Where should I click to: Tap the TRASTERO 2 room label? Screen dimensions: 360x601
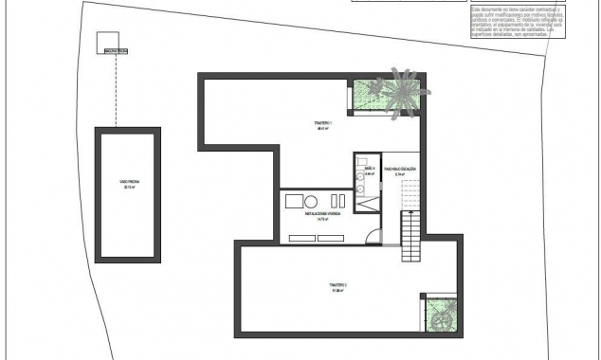click(338, 284)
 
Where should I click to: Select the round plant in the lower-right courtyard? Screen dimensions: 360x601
click(440, 319)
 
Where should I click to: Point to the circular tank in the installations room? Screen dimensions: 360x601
click(311, 200)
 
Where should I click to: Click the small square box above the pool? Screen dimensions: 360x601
click(110, 42)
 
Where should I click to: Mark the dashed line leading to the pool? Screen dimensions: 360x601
click(116, 90)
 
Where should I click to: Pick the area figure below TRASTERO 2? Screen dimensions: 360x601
click(338, 291)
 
